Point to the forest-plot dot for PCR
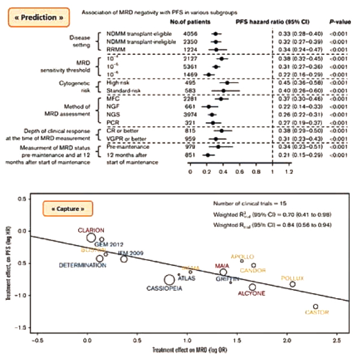click(212, 122)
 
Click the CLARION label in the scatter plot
click(92, 230)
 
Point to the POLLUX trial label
click(292, 278)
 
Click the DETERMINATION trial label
click(83, 265)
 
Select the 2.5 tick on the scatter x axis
click(337, 341)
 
